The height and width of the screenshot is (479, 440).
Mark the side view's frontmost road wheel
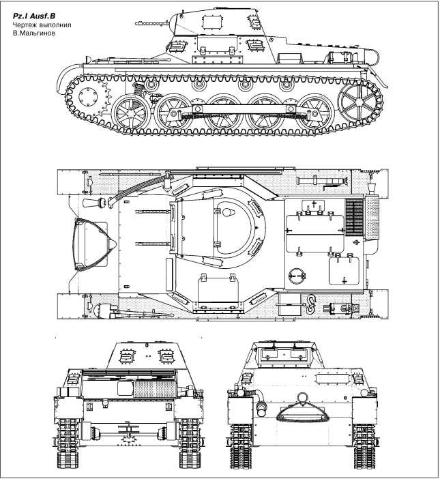pos(132,111)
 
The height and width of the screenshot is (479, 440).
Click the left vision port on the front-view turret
pos(126,355)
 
